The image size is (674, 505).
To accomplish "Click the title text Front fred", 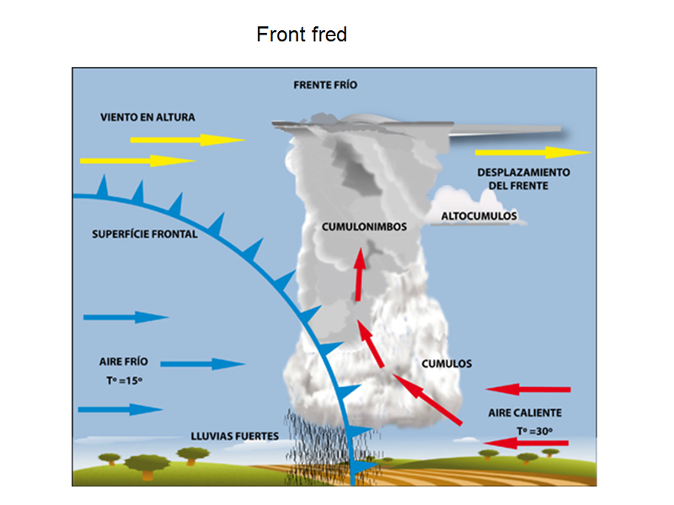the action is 302,35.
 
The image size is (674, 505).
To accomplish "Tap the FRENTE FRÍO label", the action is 325,85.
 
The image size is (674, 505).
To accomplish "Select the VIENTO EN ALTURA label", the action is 147,117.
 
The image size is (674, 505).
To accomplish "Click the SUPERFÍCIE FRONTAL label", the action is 144,234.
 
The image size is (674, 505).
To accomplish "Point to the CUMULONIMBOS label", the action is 364,226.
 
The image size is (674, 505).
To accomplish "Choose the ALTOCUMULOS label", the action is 479,216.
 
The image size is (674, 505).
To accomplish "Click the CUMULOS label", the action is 447,364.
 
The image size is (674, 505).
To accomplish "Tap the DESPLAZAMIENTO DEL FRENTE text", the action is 523,179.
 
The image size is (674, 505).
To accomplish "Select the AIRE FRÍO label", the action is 123,362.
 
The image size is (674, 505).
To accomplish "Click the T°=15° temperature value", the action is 124,380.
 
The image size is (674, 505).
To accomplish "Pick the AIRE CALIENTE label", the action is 525,412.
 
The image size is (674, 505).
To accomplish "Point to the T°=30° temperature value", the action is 535,431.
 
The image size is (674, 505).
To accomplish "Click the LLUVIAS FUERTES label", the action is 235,436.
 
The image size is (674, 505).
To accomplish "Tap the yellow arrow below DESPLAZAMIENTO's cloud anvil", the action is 533,152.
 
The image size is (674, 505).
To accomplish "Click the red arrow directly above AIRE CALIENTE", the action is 528,390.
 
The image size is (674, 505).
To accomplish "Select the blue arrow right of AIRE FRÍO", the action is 203,364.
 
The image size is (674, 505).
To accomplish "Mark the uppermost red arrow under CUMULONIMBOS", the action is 360,274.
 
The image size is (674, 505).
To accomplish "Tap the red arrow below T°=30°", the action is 526,443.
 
